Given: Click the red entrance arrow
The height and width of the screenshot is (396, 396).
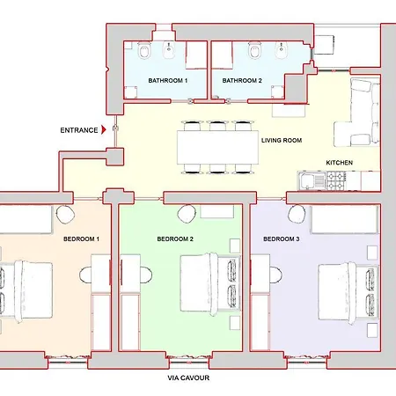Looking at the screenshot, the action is [103, 129].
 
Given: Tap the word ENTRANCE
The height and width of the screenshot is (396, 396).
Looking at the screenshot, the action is [79, 130].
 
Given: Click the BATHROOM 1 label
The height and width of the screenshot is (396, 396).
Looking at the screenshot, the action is [168, 80].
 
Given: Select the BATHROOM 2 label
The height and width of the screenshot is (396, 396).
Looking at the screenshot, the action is [242, 80].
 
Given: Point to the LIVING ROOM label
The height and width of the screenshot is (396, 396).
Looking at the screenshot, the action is [282, 140].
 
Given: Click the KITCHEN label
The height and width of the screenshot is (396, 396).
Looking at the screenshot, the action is [340, 163].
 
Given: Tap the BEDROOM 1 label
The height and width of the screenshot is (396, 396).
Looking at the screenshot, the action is [81, 238].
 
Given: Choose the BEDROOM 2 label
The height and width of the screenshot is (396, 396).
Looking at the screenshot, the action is [175, 238].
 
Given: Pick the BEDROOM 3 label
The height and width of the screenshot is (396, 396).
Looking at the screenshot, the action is [282, 238].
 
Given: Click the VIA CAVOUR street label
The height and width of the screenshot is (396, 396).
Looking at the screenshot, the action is [188, 378].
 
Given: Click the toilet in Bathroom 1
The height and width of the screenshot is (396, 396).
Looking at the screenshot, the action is [144, 50].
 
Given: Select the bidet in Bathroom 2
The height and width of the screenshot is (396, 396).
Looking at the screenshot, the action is [281, 50].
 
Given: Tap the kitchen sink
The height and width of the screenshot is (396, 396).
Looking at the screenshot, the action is [312, 180].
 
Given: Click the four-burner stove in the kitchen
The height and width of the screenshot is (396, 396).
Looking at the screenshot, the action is [336, 180].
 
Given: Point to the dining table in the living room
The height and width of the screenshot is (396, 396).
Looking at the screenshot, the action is [217, 148].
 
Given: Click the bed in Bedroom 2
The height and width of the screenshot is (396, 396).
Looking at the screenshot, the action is [210, 283].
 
